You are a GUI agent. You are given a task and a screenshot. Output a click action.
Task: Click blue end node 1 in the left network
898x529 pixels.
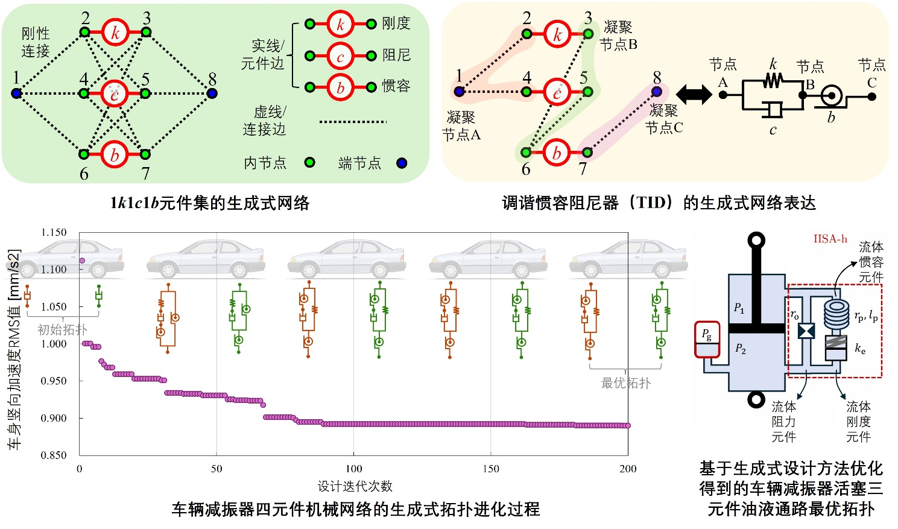click(17, 93)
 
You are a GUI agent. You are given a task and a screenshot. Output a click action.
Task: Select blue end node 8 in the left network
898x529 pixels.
click(212, 93)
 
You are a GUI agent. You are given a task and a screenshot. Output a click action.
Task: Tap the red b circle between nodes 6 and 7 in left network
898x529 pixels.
click(115, 154)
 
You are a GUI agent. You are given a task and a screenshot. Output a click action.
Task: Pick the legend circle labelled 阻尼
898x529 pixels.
click(340, 56)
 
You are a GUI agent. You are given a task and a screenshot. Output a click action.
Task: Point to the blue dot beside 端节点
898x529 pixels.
click(402, 163)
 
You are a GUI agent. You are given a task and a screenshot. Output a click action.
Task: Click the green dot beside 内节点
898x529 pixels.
click(310, 162)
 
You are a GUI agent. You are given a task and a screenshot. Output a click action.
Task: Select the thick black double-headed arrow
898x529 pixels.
click(694, 94)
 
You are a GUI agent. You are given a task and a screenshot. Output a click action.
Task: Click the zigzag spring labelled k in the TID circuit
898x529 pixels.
click(773, 80)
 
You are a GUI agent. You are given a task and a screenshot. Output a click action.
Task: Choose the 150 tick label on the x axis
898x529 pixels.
click(491, 469)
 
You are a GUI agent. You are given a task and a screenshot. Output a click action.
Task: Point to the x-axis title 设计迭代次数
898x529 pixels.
click(355, 486)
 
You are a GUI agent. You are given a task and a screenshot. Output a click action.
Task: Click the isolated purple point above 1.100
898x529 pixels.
click(82, 261)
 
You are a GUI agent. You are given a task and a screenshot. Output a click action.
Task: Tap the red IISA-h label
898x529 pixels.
click(830, 239)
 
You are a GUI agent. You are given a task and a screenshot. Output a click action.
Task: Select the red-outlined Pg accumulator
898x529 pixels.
click(707, 339)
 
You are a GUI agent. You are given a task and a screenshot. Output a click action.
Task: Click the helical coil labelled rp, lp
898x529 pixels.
click(836, 314)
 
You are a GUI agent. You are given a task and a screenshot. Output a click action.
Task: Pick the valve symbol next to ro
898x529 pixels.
click(806, 331)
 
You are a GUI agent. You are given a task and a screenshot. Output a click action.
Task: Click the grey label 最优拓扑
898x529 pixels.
click(625, 383)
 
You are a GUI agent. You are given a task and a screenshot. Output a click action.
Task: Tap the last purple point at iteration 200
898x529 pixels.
click(628, 425)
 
